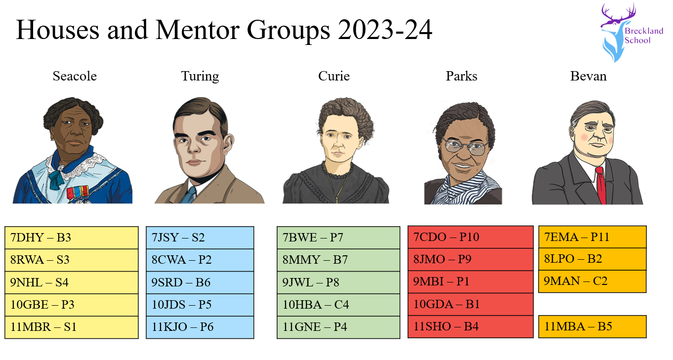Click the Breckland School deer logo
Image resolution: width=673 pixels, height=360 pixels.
pyautogui.click(x=631, y=33)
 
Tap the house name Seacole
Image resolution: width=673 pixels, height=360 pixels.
pyautogui.click(x=75, y=76)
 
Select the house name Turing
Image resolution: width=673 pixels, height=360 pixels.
pyautogui.click(x=200, y=76)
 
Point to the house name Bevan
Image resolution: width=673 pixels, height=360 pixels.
pyautogui.click(x=589, y=76)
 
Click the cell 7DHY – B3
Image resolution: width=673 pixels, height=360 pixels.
pyautogui.click(x=72, y=238)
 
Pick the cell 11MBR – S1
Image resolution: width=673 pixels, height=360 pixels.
pyautogui.click(x=72, y=327)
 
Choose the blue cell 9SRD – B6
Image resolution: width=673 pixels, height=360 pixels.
pyautogui.click(x=200, y=282)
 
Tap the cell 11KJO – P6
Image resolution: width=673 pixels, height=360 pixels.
pyautogui.click(x=200, y=327)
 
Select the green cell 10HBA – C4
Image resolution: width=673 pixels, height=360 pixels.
pyautogui.click(x=338, y=305)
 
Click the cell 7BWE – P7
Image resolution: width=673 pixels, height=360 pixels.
pyautogui.click(x=338, y=238)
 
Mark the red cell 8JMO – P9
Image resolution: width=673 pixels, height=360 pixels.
pyautogui.click(x=470, y=259)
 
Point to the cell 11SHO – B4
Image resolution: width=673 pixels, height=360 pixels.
pyautogui.click(x=470, y=327)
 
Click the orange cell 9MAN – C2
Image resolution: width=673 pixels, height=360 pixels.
pyautogui.click(x=592, y=281)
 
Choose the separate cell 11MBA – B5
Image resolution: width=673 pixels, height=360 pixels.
pyautogui.click(x=592, y=327)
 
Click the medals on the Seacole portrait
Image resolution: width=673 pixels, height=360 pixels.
pyautogui.click(x=78, y=193)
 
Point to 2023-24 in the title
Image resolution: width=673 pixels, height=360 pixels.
pyautogui.click(x=385, y=30)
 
